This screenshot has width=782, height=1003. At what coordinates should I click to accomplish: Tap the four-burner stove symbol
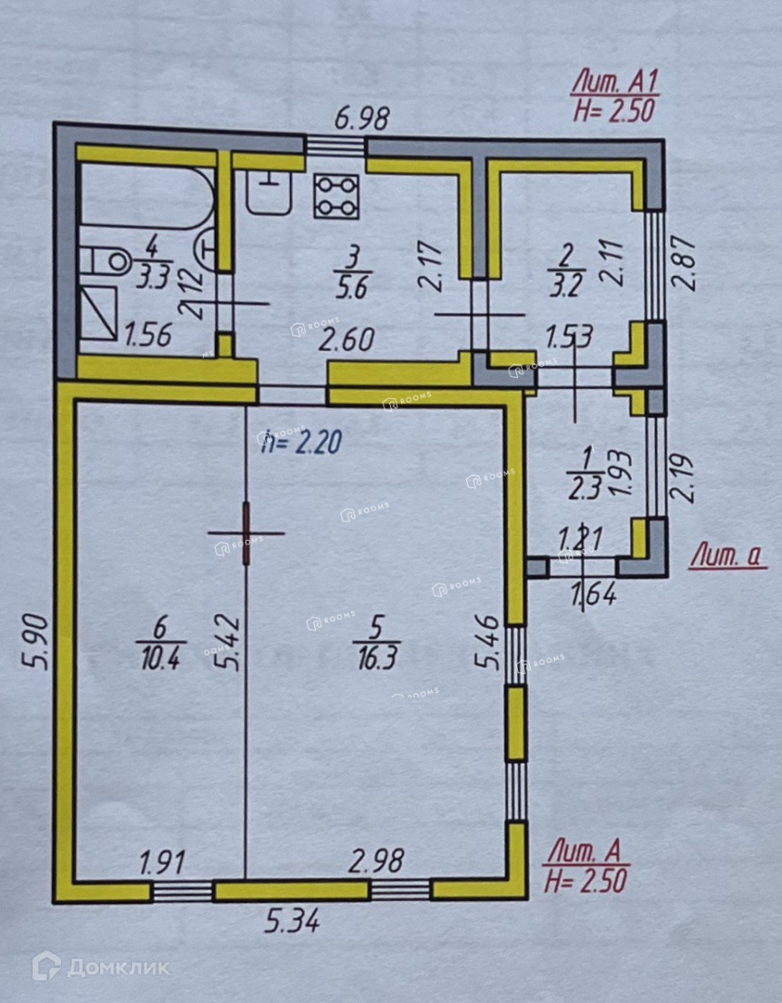pyautogui.click(x=337, y=196)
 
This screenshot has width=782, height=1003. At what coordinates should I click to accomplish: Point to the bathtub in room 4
pyautogui.click(x=146, y=200)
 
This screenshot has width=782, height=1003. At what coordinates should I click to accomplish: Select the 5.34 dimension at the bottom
pyautogui.click(x=292, y=923)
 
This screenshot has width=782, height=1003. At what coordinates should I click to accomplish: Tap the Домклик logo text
pyautogui.click(x=117, y=967)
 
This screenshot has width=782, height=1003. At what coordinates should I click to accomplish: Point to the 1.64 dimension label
pyautogui.click(x=593, y=596)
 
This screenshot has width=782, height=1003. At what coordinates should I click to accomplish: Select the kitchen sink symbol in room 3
pyautogui.click(x=268, y=191)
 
